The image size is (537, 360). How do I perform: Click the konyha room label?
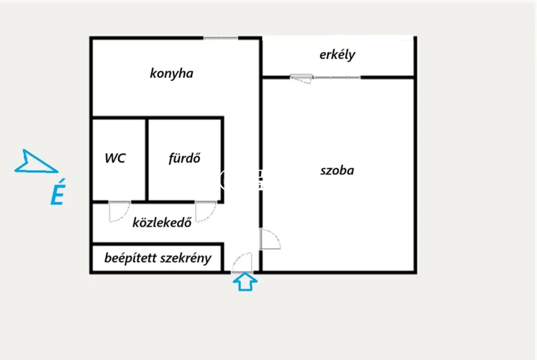click(x=172, y=74)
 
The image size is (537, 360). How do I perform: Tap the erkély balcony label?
click(x=337, y=55)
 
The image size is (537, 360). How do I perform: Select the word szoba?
click(x=337, y=171)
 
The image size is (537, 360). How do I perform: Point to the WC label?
click(x=115, y=158)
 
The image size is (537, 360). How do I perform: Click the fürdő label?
click(x=184, y=158)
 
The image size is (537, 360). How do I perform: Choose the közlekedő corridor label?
click(x=162, y=223)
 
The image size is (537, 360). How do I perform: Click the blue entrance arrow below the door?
click(x=245, y=282)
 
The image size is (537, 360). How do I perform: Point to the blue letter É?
click(x=58, y=192)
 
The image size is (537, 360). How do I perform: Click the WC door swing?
click(x=119, y=211)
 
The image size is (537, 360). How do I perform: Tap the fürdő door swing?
click(x=206, y=211)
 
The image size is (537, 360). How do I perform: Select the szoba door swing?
click(x=270, y=239)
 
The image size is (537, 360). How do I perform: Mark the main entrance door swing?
click(x=242, y=263)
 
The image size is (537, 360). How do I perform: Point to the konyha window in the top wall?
click(x=221, y=38)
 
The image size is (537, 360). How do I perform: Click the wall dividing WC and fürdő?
click(x=147, y=159)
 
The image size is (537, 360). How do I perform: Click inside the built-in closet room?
click(x=157, y=258)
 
